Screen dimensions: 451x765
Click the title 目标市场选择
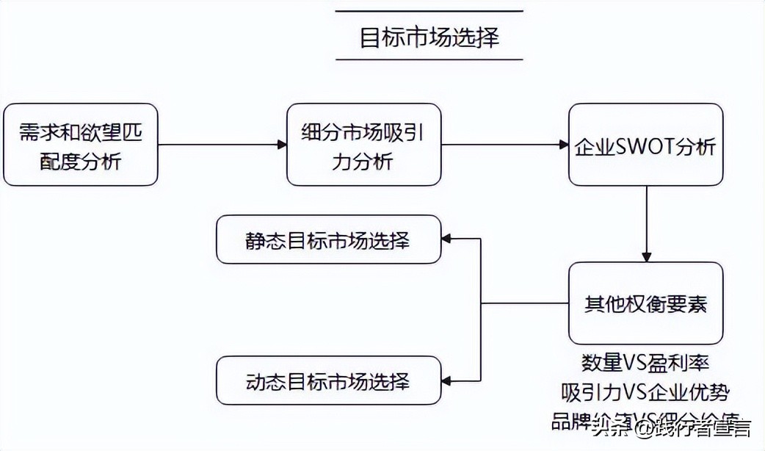(x=429, y=36)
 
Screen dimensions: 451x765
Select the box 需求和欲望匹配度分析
(x=80, y=145)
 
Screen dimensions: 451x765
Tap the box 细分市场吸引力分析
(x=363, y=145)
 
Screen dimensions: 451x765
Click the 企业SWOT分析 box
(x=645, y=145)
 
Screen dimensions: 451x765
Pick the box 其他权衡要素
(x=645, y=303)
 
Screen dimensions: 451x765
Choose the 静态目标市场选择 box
(x=328, y=239)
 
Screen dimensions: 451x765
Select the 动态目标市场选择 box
(x=328, y=380)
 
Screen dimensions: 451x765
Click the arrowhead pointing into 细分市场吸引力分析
(x=281, y=145)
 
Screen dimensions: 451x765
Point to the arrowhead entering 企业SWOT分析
(x=563, y=145)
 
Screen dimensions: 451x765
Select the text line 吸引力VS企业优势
(x=645, y=391)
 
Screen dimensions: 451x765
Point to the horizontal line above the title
(x=429, y=11)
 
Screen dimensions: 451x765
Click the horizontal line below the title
(x=429, y=59)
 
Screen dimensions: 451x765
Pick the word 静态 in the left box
(x=263, y=240)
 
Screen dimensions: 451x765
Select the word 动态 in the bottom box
(x=263, y=381)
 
